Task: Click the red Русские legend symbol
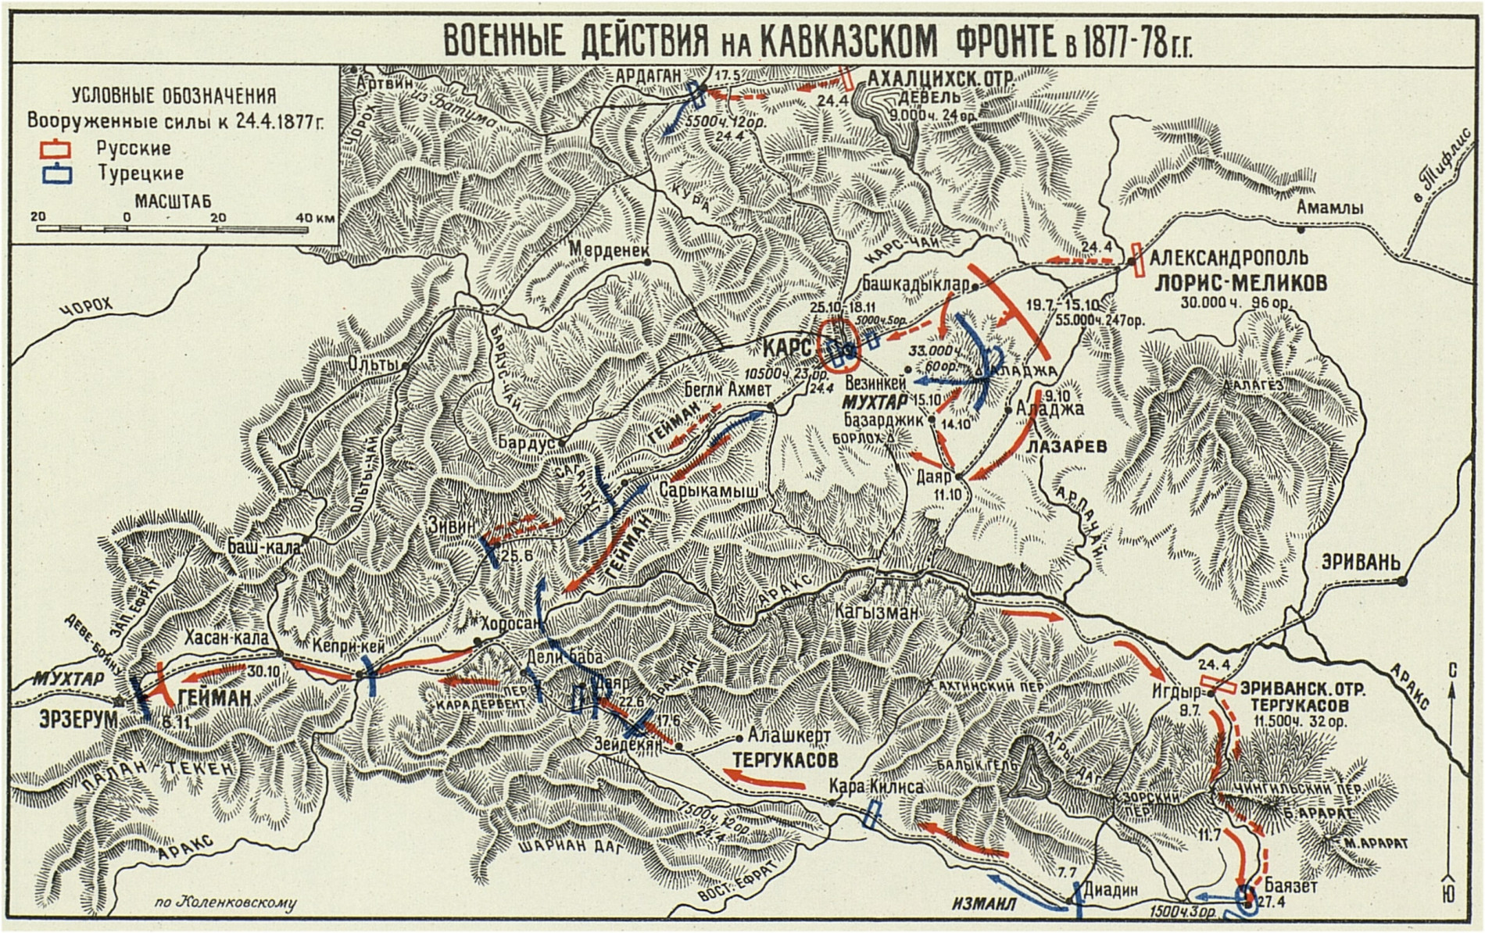(58, 148)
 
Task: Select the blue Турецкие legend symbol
(58, 173)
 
